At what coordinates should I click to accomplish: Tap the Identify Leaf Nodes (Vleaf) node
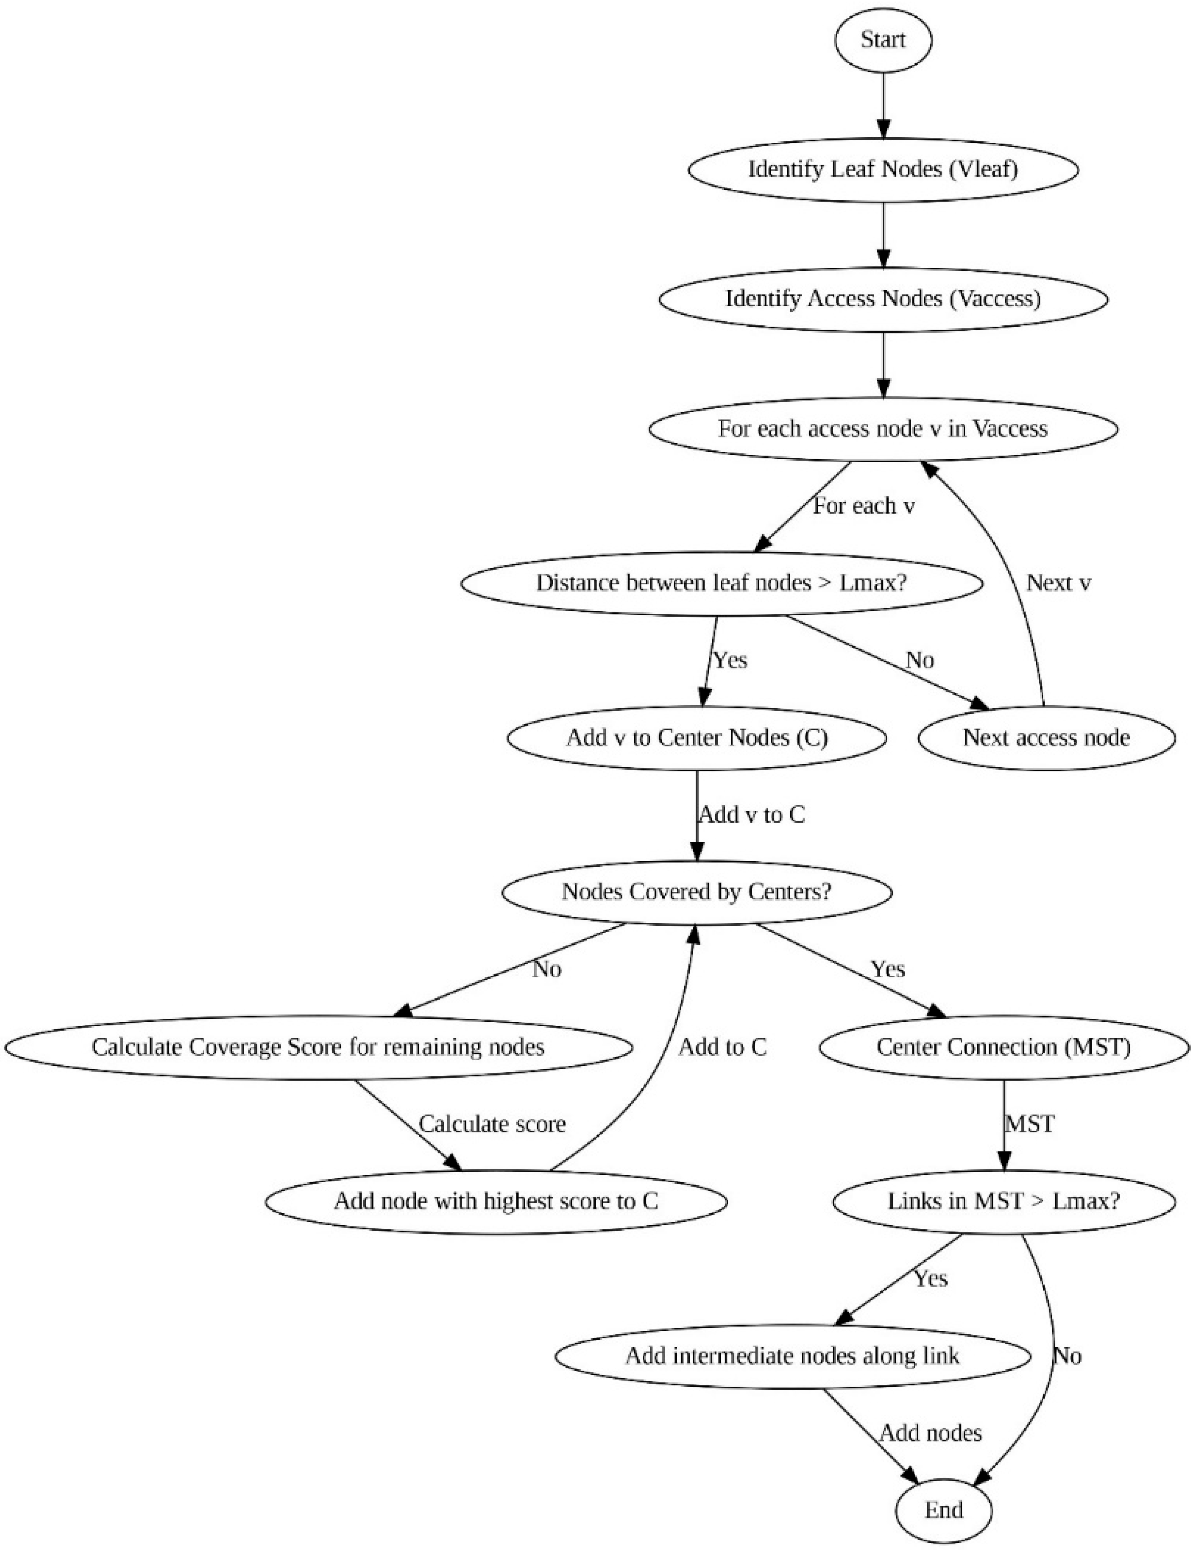coord(883,170)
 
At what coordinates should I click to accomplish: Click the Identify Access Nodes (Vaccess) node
coord(883,299)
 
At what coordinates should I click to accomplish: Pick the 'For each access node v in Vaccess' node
coord(883,429)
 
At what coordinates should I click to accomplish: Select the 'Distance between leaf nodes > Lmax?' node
coord(722,583)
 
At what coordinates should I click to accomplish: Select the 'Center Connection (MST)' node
coord(1004,1047)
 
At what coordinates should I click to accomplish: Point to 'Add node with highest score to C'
coord(496,1201)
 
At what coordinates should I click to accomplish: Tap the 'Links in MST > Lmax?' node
coord(1004,1201)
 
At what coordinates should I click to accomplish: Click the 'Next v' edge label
coord(1058,583)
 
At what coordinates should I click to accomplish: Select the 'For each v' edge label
coord(864,506)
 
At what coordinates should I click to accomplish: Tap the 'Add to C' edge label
coord(723,1047)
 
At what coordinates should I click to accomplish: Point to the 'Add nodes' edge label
coord(931,1433)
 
